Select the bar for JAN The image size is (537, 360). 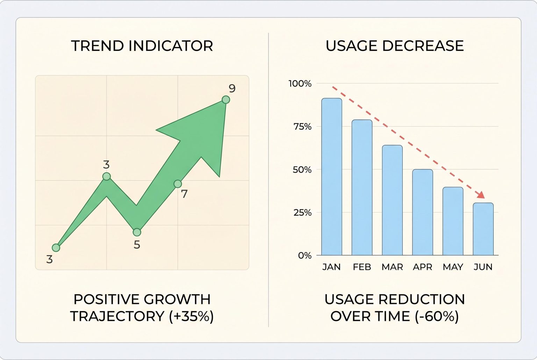331,177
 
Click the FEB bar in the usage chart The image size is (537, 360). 362,187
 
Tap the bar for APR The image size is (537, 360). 422,212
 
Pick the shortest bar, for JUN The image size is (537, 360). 483,229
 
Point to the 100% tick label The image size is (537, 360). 300,84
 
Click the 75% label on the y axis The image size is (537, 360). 302,127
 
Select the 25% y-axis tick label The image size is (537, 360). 302,213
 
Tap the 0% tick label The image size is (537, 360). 305,255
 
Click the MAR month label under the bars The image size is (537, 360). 392,267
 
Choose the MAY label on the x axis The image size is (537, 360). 453,267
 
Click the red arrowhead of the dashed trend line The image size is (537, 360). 481,195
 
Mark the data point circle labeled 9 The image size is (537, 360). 226,100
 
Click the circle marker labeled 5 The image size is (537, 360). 137,232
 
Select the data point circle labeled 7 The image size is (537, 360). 178,184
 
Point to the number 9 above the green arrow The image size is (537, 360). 232,88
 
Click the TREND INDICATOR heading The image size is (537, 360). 142,46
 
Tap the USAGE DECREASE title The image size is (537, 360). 394,46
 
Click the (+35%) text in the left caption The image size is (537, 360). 191,316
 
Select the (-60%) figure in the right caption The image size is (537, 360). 437,316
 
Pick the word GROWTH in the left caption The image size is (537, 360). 177,299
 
